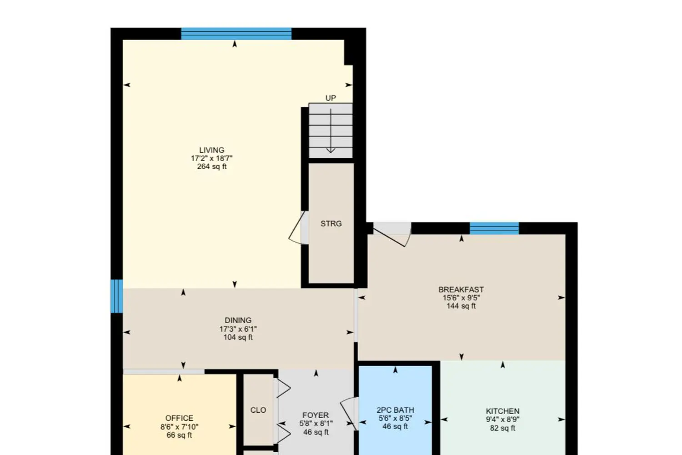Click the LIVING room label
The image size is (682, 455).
pos(211,150)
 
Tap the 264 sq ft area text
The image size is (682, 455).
pos(211,167)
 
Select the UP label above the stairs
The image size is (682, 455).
pos(331,98)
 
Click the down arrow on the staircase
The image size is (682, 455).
pos(331,131)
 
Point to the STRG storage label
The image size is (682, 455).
pos(331,224)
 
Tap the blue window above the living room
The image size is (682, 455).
pos(236,34)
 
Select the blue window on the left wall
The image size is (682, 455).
pos(117,296)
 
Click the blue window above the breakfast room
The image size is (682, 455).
pos(494,228)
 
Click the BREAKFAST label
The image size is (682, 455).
pos(461,289)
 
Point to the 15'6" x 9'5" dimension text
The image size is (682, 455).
pos(461,298)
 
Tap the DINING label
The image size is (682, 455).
pos(238,320)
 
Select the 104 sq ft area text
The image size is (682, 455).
pos(238,337)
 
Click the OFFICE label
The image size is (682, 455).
pos(179,418)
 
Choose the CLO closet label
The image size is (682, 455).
pos(258,410)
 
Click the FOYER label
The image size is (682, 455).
pos(316,415)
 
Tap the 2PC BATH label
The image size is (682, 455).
pos(395,410)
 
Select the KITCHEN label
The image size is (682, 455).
pos(503,411)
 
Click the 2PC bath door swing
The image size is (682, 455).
pos(348,413)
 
